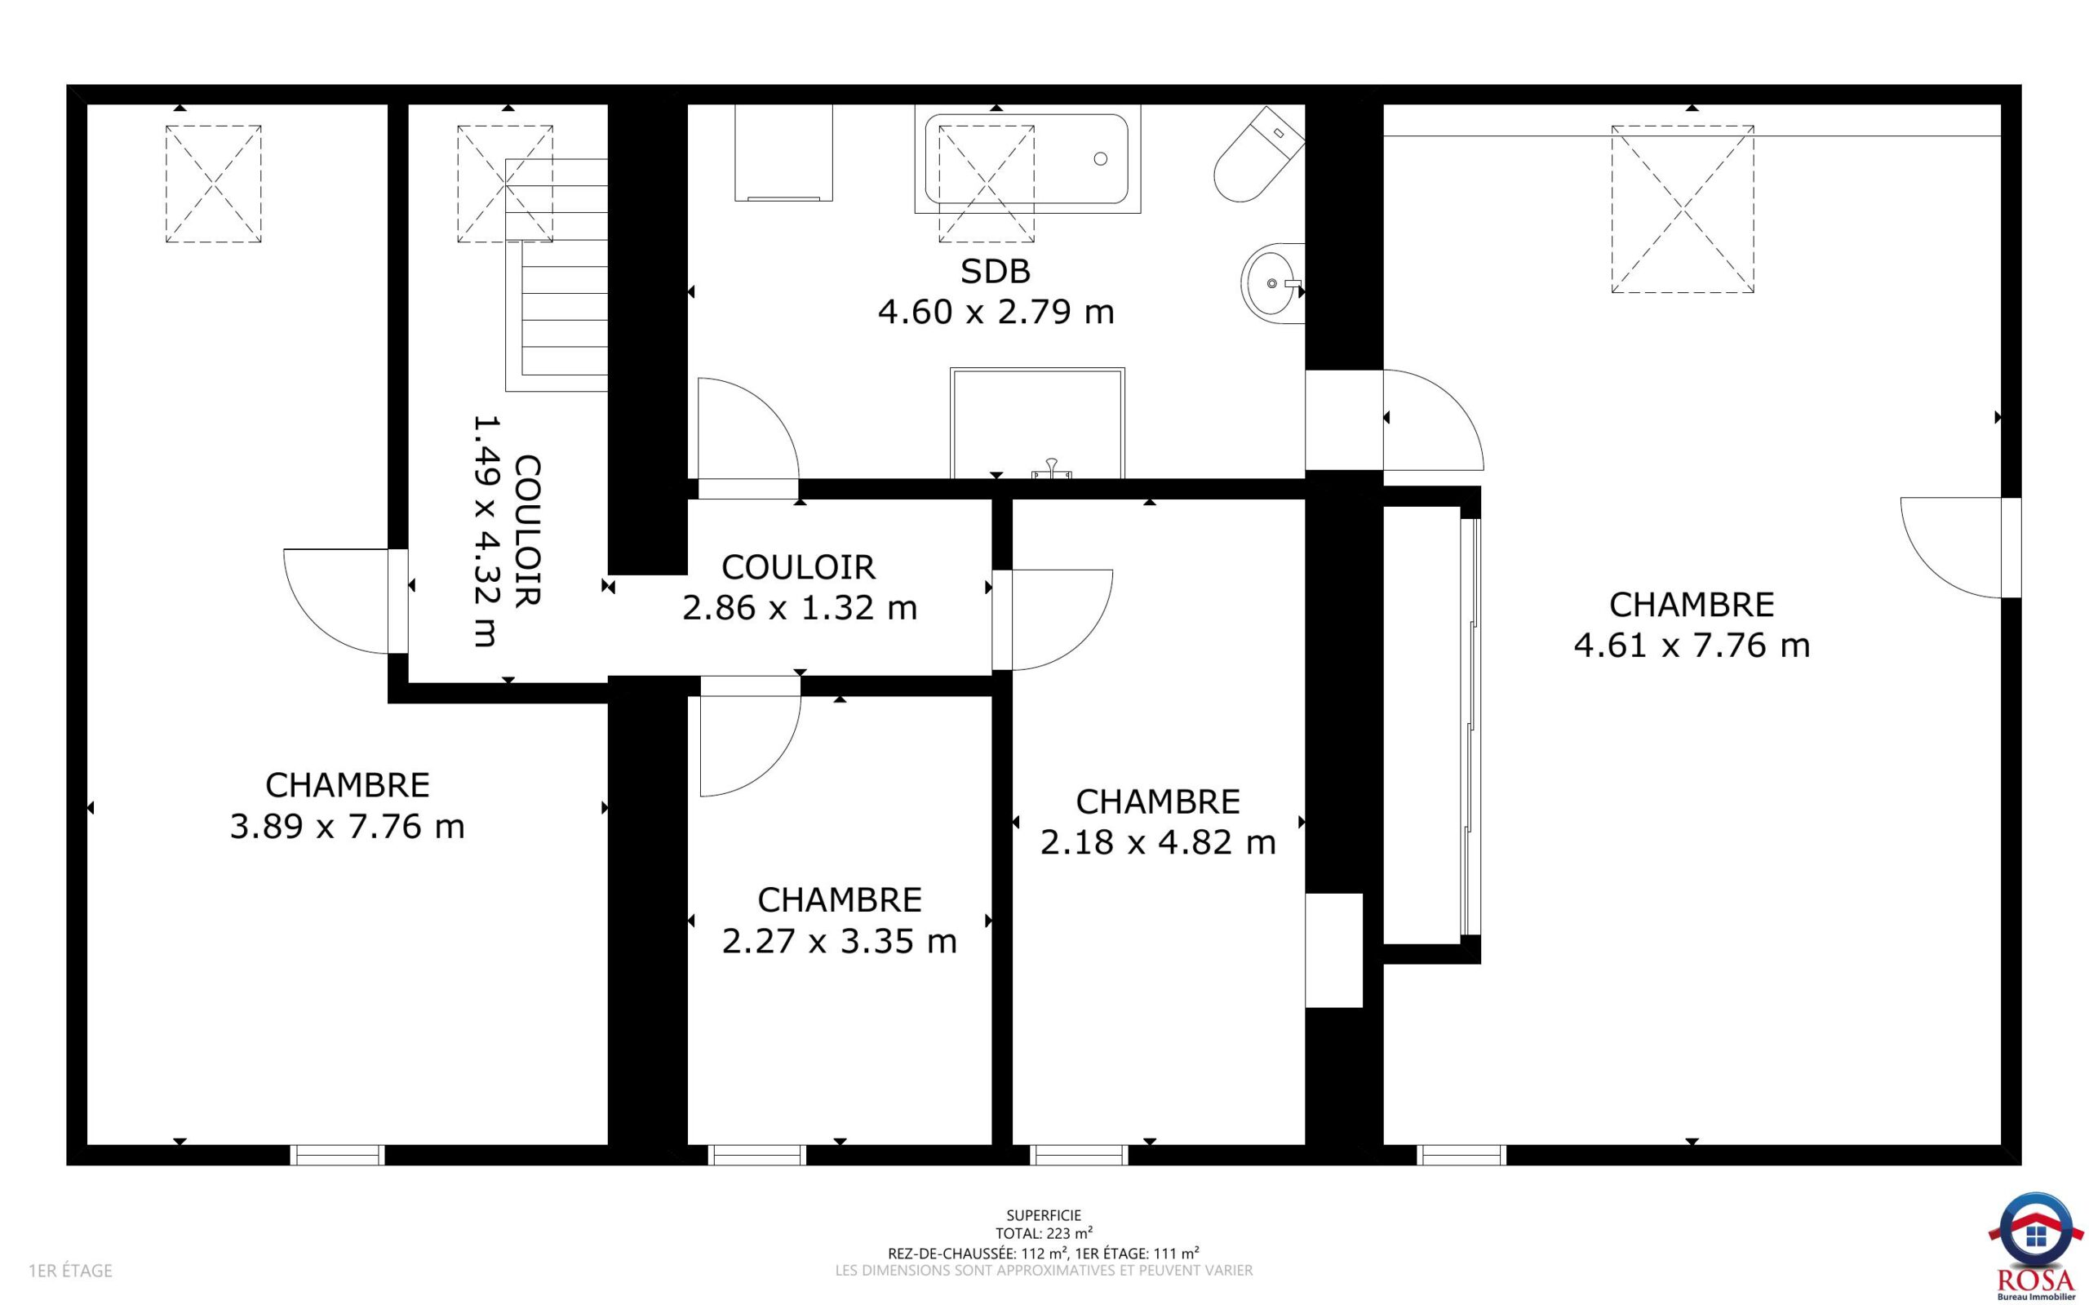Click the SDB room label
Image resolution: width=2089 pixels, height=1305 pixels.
click(x=995, y=272)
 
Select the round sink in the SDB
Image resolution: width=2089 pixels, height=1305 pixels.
click(x=1273, y=282)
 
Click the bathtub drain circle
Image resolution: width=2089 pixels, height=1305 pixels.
click(x=1100, y=159)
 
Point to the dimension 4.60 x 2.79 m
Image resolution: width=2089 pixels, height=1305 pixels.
click(x=996, y=312)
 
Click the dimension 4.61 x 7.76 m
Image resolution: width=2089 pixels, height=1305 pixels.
click(x=1692, y=646)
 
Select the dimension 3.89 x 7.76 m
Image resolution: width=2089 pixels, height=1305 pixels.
click(x=347, y=827)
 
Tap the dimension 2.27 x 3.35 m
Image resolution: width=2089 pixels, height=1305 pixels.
click(x=840, y=941)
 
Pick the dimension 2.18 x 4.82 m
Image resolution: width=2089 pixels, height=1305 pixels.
click(x=1158, y=842)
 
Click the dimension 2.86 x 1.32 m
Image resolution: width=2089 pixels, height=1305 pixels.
click(x=800, y=608)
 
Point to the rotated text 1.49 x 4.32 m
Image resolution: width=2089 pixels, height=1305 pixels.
click(x=486, y=530)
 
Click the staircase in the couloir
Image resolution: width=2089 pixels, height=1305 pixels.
click(x=557, y=274)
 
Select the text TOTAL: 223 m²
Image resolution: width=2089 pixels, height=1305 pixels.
click(x=1044, y=1233)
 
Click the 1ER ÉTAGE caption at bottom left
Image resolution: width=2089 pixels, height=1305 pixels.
click(x=71, y=1271)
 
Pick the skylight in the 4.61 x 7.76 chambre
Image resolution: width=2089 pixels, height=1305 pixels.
click(x=1683, y=209)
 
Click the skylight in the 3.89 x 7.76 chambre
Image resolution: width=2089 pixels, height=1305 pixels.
click(x=213, y=184)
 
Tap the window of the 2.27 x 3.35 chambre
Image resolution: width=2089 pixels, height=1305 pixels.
click(x=756, y=1155)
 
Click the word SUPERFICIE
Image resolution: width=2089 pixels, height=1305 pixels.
click(x=1044, y=1215)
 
